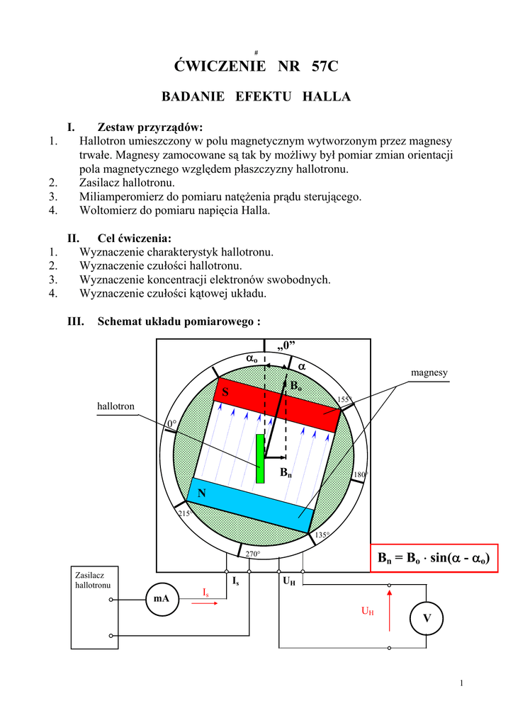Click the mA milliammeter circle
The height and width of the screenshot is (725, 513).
coord(162,599)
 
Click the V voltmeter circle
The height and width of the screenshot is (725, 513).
coord(427,619)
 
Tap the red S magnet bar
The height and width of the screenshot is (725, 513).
coord(277,405)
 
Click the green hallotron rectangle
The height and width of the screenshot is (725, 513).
coord(260,458)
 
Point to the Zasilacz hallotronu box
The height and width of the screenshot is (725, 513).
coord(95,607)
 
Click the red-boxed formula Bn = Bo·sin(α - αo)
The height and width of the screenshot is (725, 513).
coord(434,559)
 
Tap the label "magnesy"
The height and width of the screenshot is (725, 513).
coord(429,372)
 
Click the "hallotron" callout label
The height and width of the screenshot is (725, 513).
coord(115,406)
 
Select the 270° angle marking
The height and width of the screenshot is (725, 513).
coord(253,553)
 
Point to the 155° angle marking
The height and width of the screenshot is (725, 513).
coord(344,400)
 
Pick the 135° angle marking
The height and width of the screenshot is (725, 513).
coord(322,535)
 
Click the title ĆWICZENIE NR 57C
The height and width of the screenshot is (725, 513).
coord(256,67)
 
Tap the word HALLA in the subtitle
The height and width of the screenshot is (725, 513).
coord(327,96)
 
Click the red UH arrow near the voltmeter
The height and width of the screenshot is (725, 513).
coord(388,609)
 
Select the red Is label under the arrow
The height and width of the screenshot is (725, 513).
coord(205,591)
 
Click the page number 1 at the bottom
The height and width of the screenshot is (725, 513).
coord(461,683)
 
